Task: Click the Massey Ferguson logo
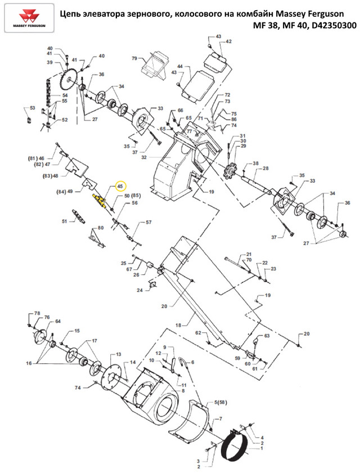tap(29, 18)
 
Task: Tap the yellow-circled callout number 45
tap(120, 186)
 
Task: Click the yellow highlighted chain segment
tap(99, 200)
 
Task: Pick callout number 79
tap(134, 58)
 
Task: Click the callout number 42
tap(228, 42)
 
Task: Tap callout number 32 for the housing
tap(143, 157)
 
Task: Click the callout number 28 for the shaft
tap(265, 168)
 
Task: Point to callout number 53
tap(32, 108)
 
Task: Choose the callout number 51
tap(65, 222)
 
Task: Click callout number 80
tap(101, 228)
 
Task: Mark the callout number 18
tap(178, 325)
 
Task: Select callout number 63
tap(267, 336)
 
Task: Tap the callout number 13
tap(118, 354)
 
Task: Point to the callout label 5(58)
tap(220, 403)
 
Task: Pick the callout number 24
tap(139, 290)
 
